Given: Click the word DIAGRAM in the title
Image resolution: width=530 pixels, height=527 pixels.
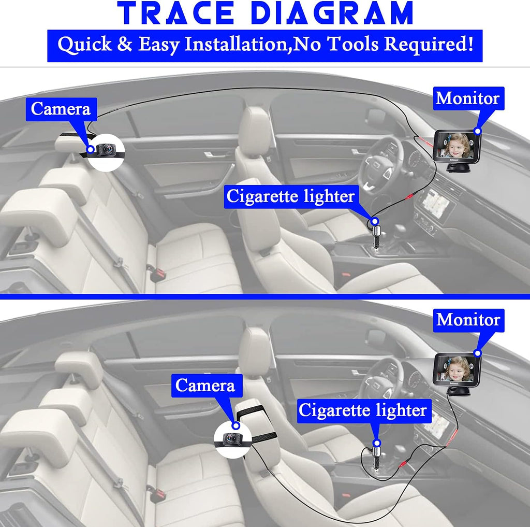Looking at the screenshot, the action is (x=332, y=13).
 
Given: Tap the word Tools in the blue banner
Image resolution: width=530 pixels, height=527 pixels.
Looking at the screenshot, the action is (x=354, y=44).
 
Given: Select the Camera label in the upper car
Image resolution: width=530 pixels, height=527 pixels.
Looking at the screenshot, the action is (x=61, y=109).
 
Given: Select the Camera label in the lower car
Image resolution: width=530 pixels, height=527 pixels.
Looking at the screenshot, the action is (x=207, y=386).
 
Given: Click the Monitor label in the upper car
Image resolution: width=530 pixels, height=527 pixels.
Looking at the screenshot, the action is (x=468, y=98).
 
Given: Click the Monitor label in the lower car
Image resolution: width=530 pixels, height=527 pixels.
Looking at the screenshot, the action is (x=468, y=320).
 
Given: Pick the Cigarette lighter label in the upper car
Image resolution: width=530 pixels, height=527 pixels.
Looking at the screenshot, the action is (x=291, y=196).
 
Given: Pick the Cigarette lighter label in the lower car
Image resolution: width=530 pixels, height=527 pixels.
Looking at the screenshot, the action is (x=364, y=410).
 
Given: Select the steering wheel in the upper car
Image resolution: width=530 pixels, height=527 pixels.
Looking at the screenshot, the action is (x=381, y=166).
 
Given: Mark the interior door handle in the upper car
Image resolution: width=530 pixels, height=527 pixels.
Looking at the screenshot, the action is (x=215, y=155).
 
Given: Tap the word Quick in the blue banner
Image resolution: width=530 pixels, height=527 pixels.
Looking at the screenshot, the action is (x=84, y=45).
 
